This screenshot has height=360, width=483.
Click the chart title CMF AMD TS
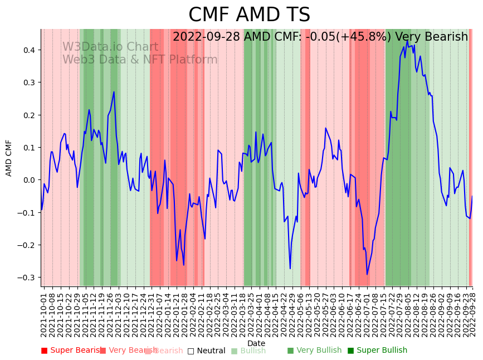pyautogui.click(x=249, y=15)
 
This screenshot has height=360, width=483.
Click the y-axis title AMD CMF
pyautogui.click(x=9, y=158)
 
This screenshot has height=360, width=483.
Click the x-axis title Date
pyautogui.click(x=256, y=343)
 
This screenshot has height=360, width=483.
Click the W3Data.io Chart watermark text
pyautogui.click(x=110, y=47)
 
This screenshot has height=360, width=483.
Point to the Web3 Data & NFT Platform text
pyautogui.click(x=140, y=60)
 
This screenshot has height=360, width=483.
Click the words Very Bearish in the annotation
pyautogui.click(x=431, y=37)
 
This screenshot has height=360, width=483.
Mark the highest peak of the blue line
pyautogui.click(x=407, y=41)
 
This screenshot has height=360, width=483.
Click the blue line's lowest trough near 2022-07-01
pyautogui.click(x=367, y=274)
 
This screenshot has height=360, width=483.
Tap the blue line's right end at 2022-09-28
pyautogui.click(x=472, y=196)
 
